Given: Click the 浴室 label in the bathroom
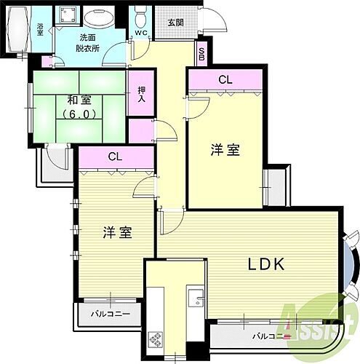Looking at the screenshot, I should [40, 29].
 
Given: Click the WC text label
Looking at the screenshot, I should [140, 33].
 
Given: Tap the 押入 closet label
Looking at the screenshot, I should [141, 95].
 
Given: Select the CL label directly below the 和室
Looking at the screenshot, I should [115, 156].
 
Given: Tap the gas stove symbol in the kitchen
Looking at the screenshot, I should [156, 338].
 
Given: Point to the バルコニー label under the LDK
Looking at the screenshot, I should [268, 336].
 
